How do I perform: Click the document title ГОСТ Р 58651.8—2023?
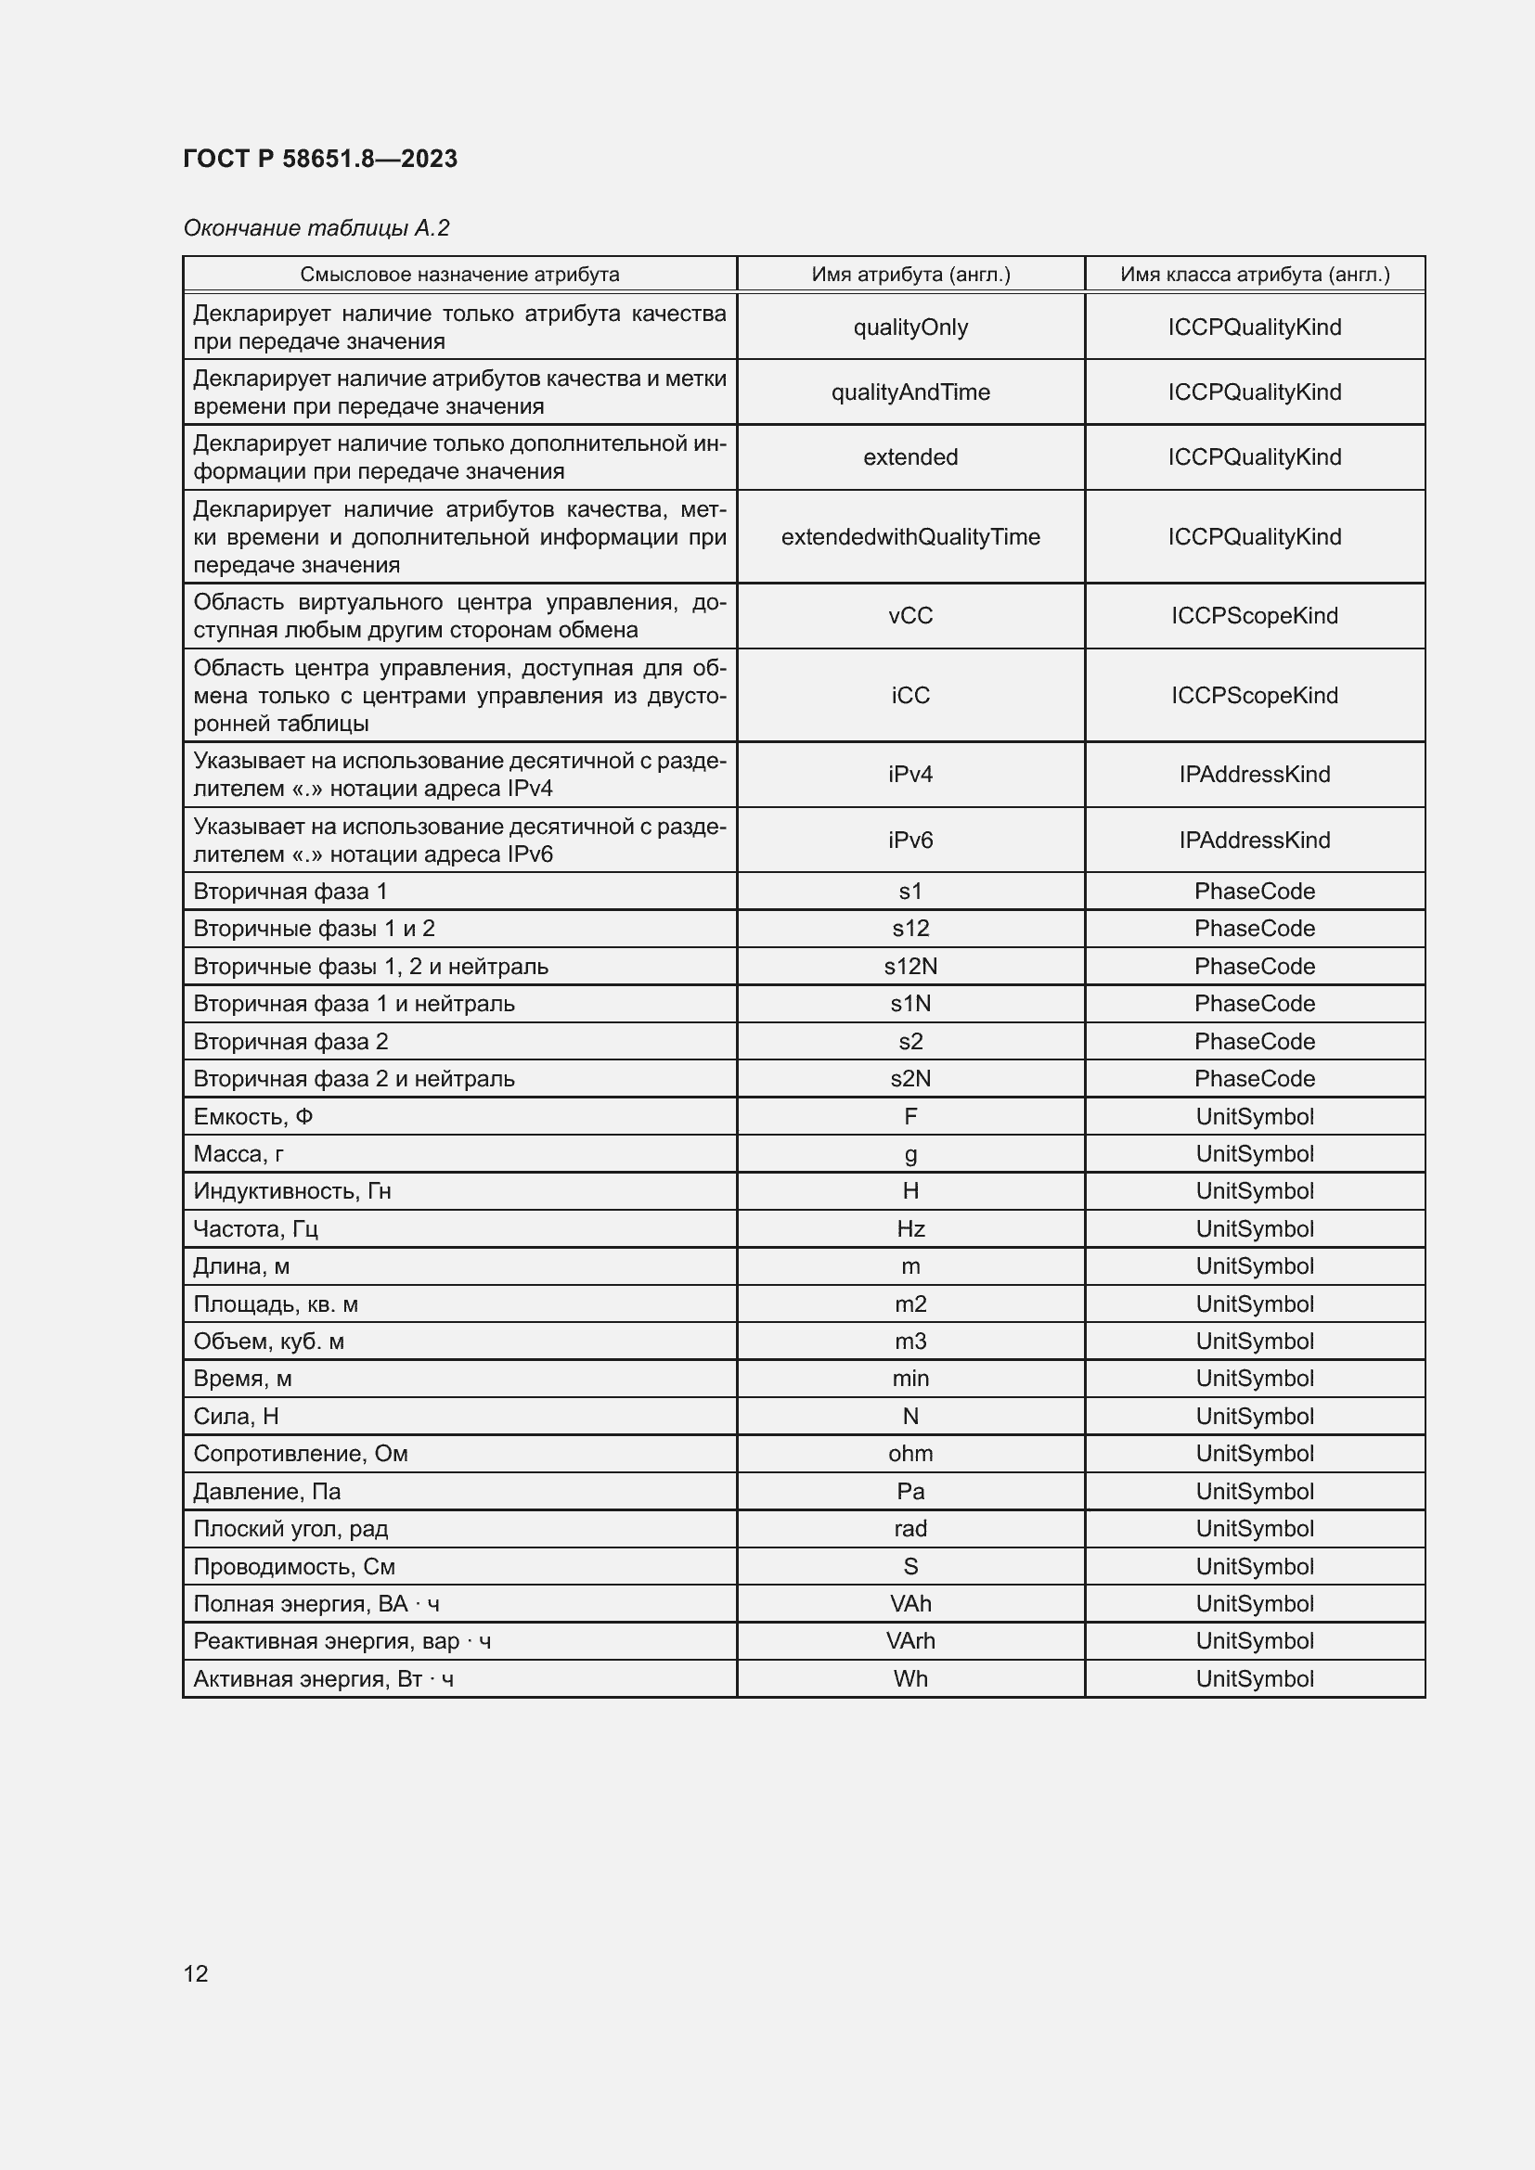[x=319, y=159]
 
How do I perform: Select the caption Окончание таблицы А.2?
[x=316, y=228]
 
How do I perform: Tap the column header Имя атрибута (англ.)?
[x=910, y=274]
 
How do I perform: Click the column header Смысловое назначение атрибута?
[x=459, y=274]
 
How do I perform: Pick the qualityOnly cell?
[x=910, y=327]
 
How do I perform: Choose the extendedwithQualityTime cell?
[x=910, y=537]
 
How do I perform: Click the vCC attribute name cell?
[x=910, y=615]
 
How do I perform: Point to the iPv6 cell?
[x=910, y=840]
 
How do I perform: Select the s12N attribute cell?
[x=910, y=966]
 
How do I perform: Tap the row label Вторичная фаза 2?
[x=291, y=1042]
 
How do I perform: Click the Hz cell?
[x=910, y=1228]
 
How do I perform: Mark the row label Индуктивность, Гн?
[x=292, y=1191]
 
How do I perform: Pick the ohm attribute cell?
[x=910, y=1453]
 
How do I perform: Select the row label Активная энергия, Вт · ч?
[x=323, y=1678]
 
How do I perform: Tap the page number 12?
[x=196, y=1972]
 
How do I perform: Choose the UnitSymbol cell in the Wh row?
[x=1255, y=1678]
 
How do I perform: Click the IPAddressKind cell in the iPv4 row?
[x=1255, y=774]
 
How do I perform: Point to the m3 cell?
[x=910, y=1341]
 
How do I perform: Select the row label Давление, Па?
[x=266, y=1491]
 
